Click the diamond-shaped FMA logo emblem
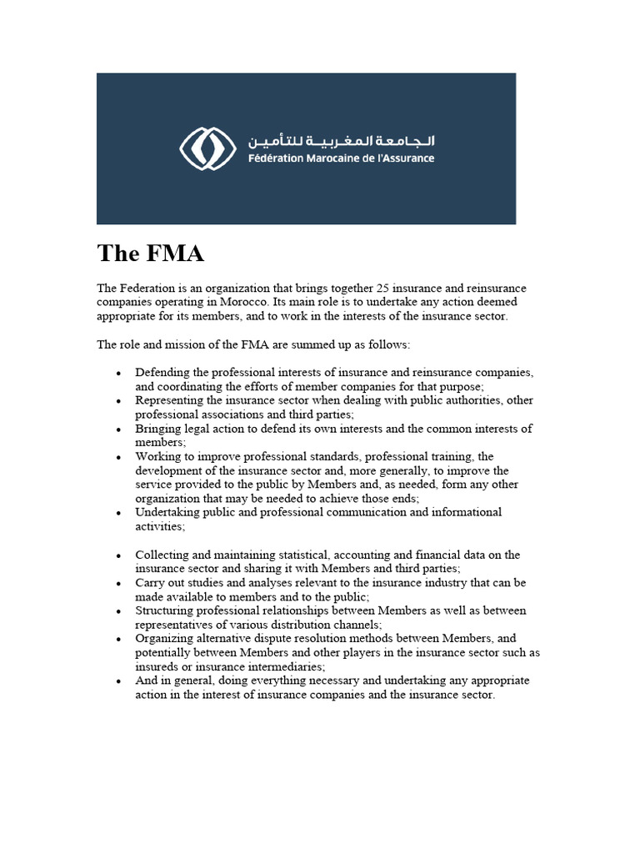pos(202,149)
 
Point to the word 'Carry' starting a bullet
pos(150,583)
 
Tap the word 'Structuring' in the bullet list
pos(165,610)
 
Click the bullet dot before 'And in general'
pos(120,681)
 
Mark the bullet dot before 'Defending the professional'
pos(120,373)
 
